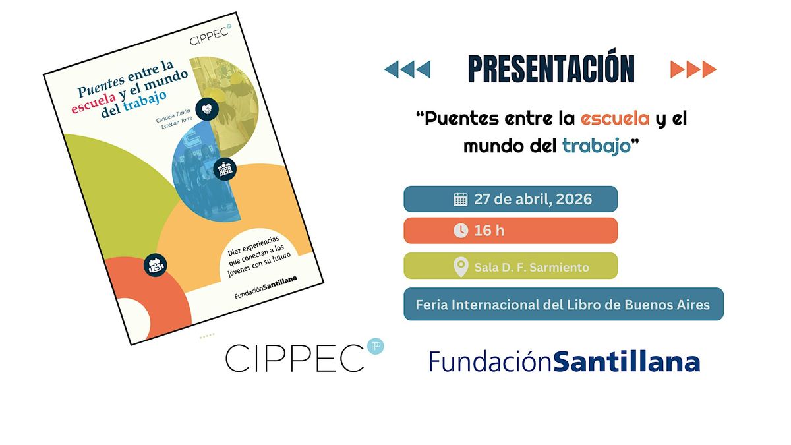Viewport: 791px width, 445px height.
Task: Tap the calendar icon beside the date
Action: point(461,199)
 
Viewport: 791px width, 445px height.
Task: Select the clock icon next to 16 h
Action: point(461,231)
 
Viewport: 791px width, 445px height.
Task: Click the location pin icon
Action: point(461,267)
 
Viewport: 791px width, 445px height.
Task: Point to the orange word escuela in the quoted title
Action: point(615,118)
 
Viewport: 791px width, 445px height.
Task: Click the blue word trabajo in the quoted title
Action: point(597,146)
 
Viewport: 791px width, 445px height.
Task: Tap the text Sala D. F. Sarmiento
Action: point(532,268)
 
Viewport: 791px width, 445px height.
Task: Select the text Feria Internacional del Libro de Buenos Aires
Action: point(562,305)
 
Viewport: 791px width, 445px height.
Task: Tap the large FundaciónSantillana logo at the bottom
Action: point(565,361)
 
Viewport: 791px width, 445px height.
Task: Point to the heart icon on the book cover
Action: point(207,109)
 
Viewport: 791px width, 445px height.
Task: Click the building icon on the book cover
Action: point(225,169)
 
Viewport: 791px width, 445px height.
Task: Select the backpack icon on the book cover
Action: point(156,265)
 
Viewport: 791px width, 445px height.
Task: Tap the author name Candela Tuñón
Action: point(173,116)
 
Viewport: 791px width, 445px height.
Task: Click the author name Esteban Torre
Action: point(177,123)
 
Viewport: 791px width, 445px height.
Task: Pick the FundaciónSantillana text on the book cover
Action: point(266,287)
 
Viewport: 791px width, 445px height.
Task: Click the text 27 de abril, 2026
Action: point(533,199)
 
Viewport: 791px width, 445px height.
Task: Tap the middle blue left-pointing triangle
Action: point(407,69)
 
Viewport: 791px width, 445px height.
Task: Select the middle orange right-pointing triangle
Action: point(693,69)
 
